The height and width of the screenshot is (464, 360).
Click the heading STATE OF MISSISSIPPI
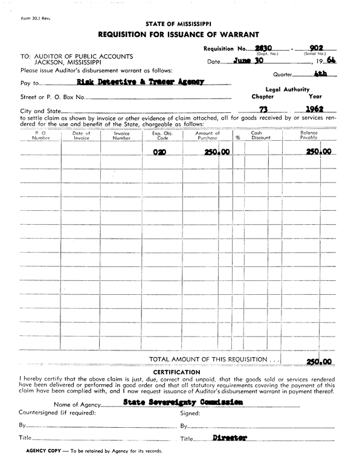pyautogui.click(x=179, y=24)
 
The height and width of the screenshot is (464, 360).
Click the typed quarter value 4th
pyautogui.click(x=321, y=75)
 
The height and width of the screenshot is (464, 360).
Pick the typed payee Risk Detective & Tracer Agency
pyautogui.click(x=141, y=82)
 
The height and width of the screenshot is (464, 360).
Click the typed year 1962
pyautogui.click(x=315, y=110)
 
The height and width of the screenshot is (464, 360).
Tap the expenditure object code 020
pyautogui.click(x=159, y=153)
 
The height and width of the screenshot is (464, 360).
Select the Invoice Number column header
pyautogui.click(x=121, y=135)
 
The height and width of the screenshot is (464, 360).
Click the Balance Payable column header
pyautogui.click(x=309, y=135)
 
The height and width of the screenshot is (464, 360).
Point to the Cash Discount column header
pyautogui.click(x=261, y=135)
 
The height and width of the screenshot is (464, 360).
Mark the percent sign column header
pyautogui.click(x=238, y=137)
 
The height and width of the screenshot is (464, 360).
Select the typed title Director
pyautogui.click(x=230, y=437)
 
